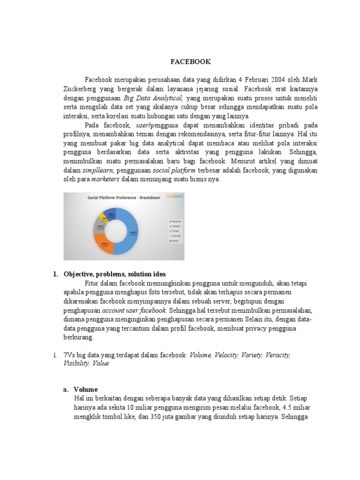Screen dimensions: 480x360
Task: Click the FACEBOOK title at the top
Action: coord(190,61)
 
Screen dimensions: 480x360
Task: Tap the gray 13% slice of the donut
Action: coord(99,225)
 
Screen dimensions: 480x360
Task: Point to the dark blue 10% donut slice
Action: coord(110,214)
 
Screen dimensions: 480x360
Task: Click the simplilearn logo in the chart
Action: coord(175,197)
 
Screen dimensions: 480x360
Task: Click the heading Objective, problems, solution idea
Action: coord(115,274)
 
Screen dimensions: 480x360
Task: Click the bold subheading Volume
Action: coord(86,389)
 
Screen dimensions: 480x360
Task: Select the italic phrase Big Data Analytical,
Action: coord(153,97)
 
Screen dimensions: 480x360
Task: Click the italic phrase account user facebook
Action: coord(134,310)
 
